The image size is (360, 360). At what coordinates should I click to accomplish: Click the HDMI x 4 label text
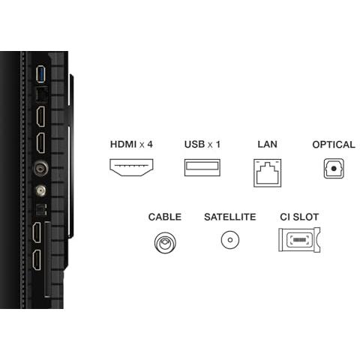(131, 144)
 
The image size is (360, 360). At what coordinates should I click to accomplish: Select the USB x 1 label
(202, 144)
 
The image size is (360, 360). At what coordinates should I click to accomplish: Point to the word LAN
(267, 144)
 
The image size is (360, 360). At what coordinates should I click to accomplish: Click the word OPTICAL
(334, 145)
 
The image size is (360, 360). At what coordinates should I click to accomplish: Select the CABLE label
(165, 217)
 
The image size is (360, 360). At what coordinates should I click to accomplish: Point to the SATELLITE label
(230, 217)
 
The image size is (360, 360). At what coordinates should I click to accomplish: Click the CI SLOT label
(299, 217)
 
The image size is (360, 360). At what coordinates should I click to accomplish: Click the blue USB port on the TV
(41, 73)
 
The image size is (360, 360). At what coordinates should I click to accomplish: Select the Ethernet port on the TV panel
(42, 94)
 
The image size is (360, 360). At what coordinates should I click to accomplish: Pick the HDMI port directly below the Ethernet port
(41, 116)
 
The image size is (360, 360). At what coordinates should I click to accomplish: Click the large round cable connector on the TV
(40, 168)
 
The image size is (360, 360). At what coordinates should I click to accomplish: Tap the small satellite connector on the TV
(40, 190)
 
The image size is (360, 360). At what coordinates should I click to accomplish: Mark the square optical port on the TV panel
(41, 209)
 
